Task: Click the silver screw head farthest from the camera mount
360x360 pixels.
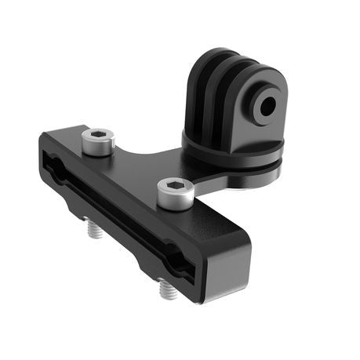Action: point(98,142)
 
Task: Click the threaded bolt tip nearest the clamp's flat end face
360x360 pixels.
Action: point(166,292)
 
